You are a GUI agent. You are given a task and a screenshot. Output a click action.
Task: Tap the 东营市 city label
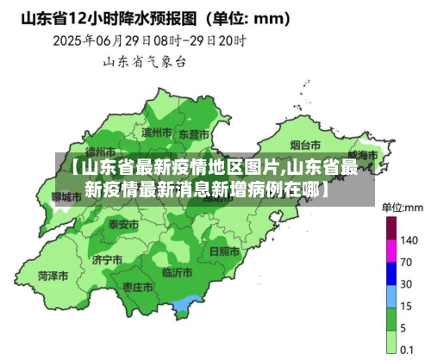[193, 134]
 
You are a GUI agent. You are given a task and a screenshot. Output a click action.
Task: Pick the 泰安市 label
[123, 224]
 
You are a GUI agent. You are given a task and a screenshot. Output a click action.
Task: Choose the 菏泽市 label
[53, 276]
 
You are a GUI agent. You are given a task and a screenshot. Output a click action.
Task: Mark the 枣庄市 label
[137, 286]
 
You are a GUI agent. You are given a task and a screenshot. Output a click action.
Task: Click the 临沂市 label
[178, 274]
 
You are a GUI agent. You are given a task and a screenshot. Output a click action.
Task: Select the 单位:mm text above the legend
[403, 208]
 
